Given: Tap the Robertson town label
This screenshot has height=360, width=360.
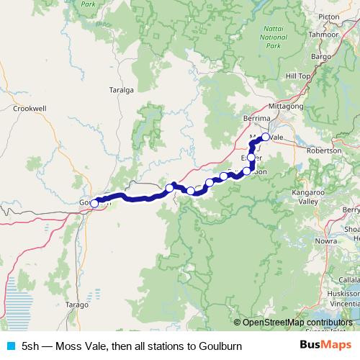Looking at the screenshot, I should click(324, 151).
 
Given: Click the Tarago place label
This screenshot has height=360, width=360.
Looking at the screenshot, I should click(76, 305).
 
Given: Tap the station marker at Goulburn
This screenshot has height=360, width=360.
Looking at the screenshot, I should click(94, 204).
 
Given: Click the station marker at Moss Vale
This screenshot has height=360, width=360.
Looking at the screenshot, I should click(265, 137).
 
